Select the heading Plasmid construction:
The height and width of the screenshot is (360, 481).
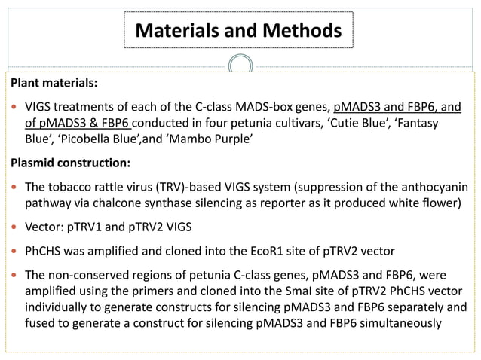[x=69, y=162]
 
